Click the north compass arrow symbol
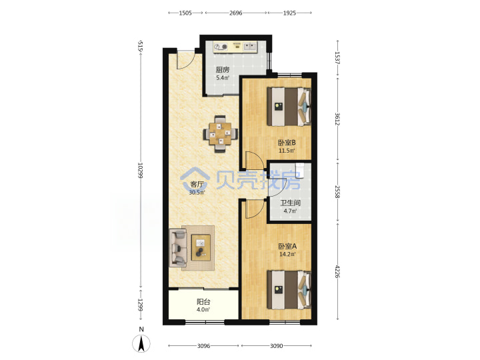click(x=141, y=343)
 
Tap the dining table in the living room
click(x=221, y=134)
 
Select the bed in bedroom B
click(x=289, y=107)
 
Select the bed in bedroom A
click(x=289, y=289)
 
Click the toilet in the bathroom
click(x=300, y=170)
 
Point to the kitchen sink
click(x=249, y=47)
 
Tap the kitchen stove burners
click(x=221, y=47)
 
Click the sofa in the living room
click(x=178, y=248)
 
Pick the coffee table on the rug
click(x=201, y=247)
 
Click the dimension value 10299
click(x=140, y=171)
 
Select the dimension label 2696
click(x=236, y=13)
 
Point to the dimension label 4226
click(x=337, y=271)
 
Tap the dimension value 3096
click(x=203, y=346)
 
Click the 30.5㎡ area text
click(x=197, y=193)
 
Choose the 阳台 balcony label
click(x=203, y=302)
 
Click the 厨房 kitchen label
click(x=223, y=70)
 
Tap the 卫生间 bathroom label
click(x=290, y=203)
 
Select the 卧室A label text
click(x=287, y=246)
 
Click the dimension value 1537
click(x=337, y=57)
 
